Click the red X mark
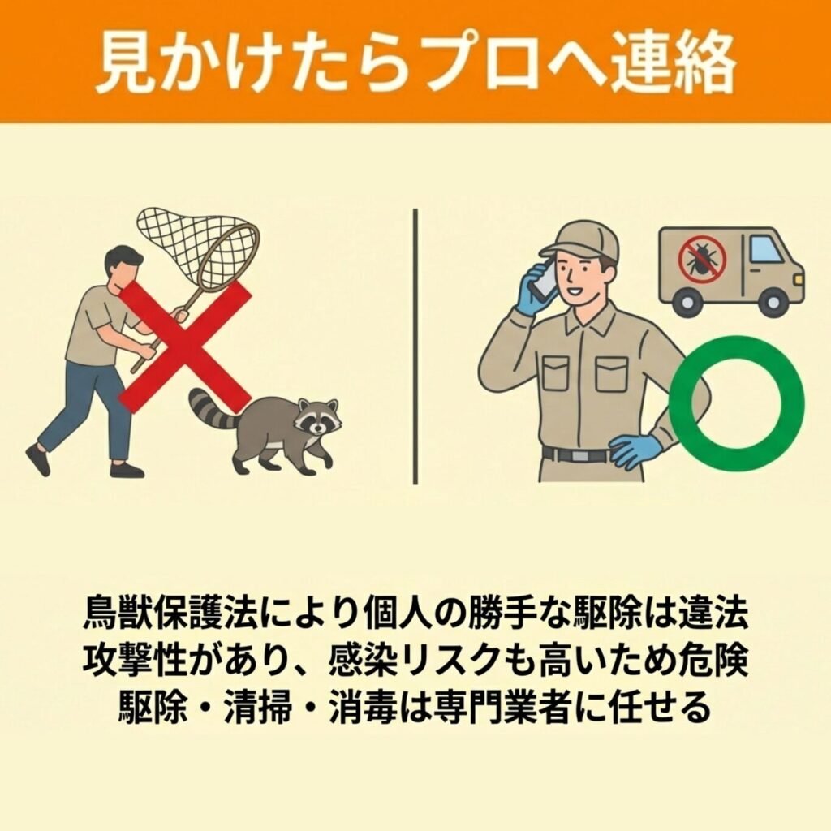(x=186, y=346)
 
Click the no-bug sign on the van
(x=702, y=259)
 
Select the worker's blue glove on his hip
(x=634, y=450)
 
